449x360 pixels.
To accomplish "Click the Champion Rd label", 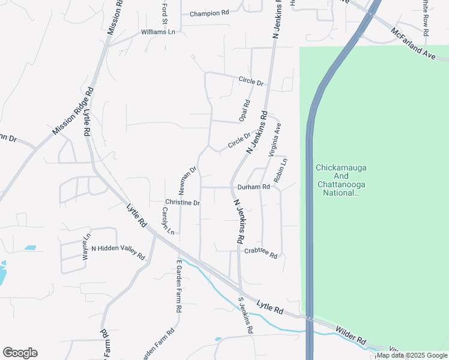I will [209, 13].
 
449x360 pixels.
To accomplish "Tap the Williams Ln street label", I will [158, 32].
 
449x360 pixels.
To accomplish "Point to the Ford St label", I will [164, 10].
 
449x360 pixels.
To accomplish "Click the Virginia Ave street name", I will [274, 140].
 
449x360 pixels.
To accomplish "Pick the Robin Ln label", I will [280, 170].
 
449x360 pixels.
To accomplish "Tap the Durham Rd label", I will [253, 187].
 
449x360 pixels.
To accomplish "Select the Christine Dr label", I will [182, 203].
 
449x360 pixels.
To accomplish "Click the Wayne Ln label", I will [85, 246].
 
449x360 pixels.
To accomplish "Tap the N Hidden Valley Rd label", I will [118, 253].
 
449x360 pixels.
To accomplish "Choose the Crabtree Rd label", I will [261, 254].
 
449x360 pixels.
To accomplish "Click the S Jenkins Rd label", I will [246, 316].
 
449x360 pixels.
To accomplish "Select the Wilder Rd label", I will [351, 335].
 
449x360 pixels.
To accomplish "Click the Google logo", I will [20, 353].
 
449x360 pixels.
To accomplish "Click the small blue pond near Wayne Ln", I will [29, 248].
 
